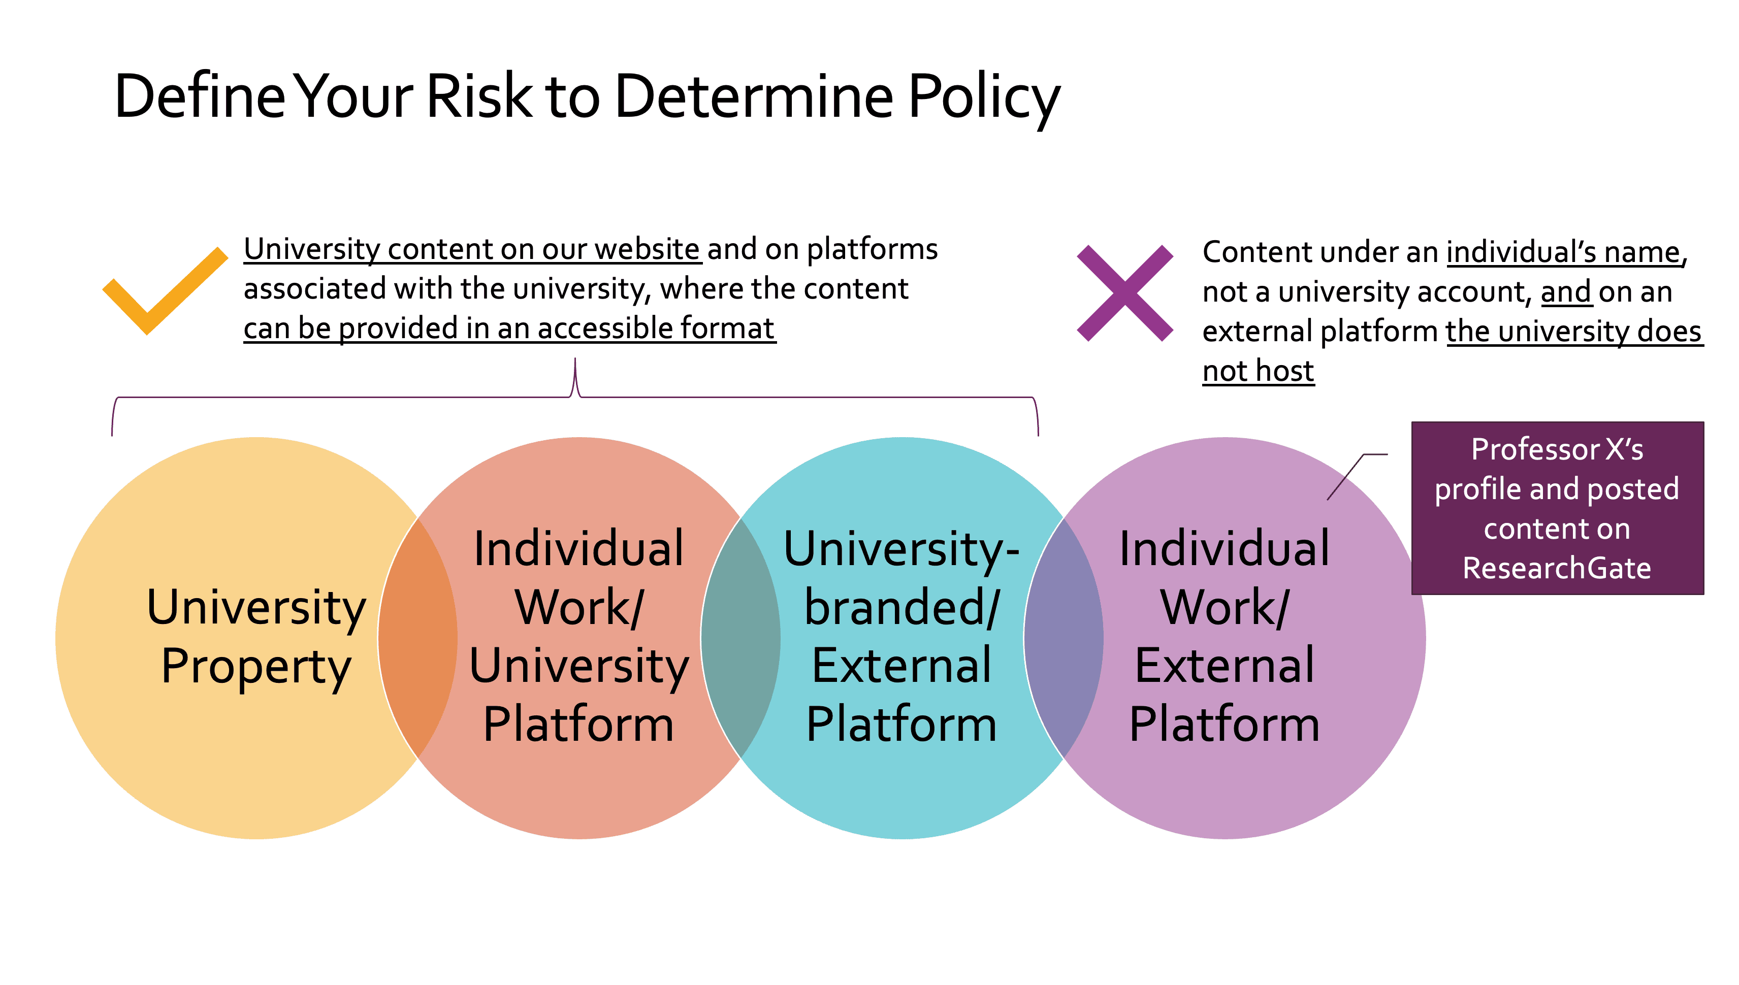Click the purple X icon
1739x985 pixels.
(1124, 293)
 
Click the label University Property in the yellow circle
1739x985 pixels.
(256, 636)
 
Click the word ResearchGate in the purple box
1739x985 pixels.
(1556, 568)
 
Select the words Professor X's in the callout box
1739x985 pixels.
(1556, 449)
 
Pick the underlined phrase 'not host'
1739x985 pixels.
(1258, 371)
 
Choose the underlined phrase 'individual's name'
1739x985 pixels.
(1563, 252)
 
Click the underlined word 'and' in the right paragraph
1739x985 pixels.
(1565, 292)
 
